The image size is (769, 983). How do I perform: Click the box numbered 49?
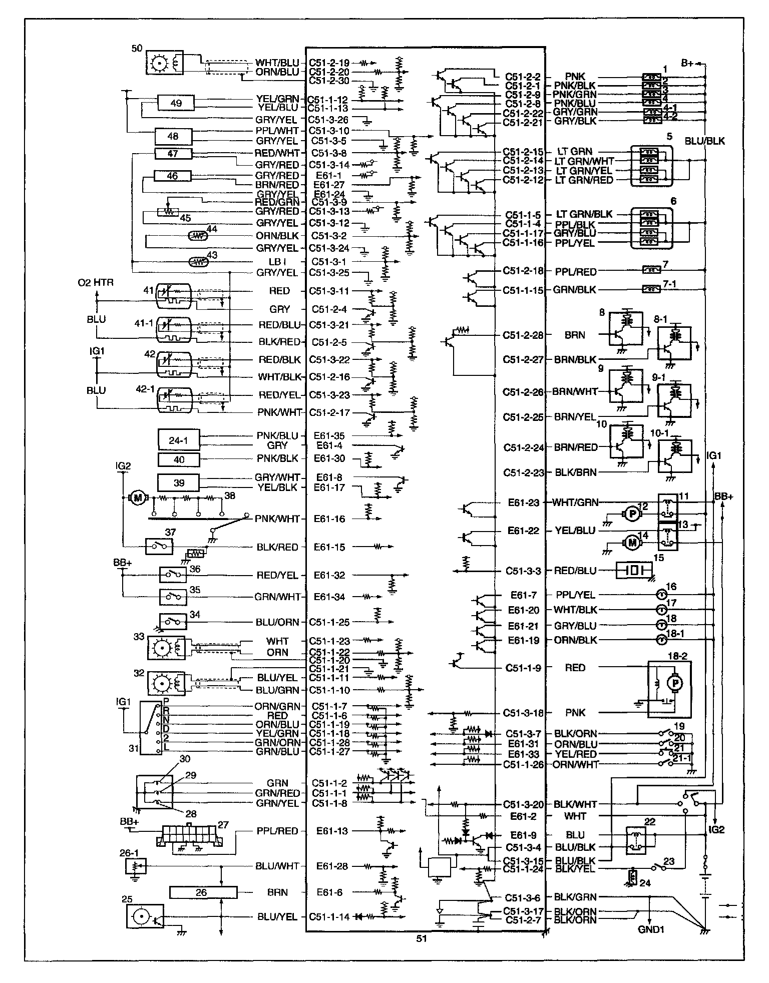176,103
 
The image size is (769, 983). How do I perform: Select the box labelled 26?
203,892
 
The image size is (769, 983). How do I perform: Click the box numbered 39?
178,482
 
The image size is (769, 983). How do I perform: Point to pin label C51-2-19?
329,63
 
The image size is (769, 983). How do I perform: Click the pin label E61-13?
331,831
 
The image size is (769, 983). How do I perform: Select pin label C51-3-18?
523,713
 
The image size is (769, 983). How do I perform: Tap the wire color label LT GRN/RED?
584,180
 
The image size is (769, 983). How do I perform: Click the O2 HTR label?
95,283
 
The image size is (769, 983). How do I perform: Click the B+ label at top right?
688,63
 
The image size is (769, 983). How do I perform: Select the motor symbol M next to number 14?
632,542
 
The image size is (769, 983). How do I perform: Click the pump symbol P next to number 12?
632,514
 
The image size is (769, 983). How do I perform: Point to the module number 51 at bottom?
422,938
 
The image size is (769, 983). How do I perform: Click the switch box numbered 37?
159,546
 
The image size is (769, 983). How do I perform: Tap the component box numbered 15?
634,571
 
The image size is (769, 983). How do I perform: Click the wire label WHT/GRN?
576,502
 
